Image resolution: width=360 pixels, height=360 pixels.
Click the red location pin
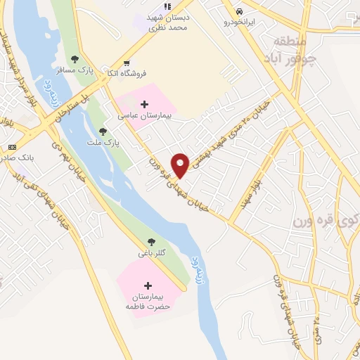pos(181,165)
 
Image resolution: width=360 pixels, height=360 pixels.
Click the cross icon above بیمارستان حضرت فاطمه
pos(148,285)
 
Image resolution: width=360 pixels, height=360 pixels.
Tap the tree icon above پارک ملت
pos(103,131)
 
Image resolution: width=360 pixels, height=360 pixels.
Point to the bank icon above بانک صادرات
pos(11,147)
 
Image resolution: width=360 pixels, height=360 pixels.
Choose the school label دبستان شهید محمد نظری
pos(169,20)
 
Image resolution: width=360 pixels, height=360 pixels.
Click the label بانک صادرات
pos(15,160)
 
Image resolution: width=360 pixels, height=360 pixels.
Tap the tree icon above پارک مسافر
pos(75,59)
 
